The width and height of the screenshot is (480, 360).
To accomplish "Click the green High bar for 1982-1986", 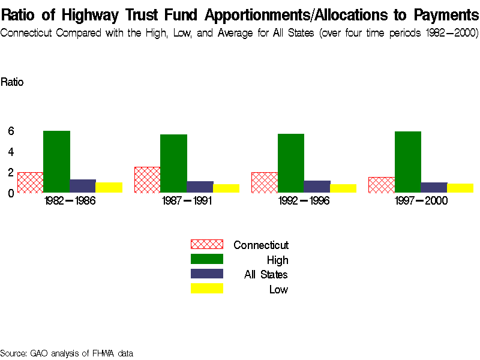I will [57, 161].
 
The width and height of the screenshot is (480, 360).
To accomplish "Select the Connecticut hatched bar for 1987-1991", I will [148, 180].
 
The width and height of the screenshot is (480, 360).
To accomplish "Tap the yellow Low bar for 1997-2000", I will [460, 188].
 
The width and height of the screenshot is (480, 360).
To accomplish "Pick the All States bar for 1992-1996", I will [317, 187].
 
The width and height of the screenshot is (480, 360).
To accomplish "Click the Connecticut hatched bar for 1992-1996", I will [265, 182].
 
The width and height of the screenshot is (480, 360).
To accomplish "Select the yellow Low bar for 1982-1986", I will [109, 188].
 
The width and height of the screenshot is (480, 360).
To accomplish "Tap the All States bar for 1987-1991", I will [200, 187].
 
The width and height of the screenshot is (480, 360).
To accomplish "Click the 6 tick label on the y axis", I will [11, 131].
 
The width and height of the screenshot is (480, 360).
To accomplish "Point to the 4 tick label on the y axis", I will [11, 152].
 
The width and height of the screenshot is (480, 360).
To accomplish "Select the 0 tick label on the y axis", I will [11, 193].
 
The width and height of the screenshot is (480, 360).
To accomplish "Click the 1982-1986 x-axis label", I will [70, 201].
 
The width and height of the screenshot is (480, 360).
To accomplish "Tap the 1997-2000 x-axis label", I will [421, 201].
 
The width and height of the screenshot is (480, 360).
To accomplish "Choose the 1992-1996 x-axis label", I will [304, 201].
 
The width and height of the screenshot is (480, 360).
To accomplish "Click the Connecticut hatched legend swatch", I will [206, 244].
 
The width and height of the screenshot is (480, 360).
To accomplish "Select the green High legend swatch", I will [206, 259].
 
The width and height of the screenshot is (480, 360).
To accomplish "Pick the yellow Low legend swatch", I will [206, 289].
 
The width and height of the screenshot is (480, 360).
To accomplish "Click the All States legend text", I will [266, 275].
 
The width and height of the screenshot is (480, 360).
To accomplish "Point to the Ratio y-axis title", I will [12, 82].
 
